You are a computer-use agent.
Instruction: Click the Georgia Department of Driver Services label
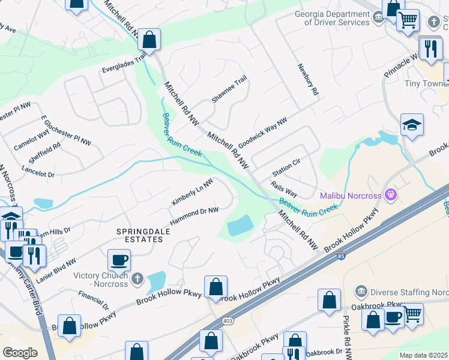[332, 18]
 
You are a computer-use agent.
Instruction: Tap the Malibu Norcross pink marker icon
[391, 194]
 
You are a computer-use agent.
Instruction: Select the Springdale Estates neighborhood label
[140, 235]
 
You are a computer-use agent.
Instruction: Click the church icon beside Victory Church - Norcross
[138, 278]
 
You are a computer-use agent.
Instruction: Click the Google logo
[20, 352]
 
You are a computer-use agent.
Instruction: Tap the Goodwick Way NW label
[263, 133]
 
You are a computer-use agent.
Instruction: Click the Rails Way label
[284, 189]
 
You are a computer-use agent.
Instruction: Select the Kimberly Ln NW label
[192, 192]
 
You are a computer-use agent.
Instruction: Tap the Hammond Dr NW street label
[193, 216]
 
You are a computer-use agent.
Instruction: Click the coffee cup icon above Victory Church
[119, 260]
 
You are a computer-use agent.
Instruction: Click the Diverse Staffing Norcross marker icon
[361, 291]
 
